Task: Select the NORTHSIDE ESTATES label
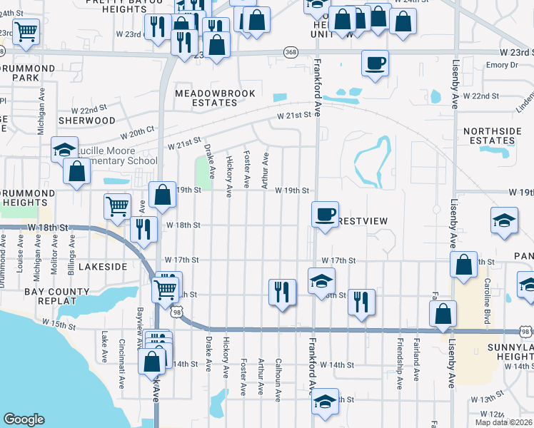coord(489,136)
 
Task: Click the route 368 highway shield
coord(291,52)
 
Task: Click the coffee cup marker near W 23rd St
coord(374,63)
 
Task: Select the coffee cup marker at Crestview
coord(326,213)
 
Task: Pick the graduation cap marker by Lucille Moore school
coord(64,150)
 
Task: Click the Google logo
coord(24,419)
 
